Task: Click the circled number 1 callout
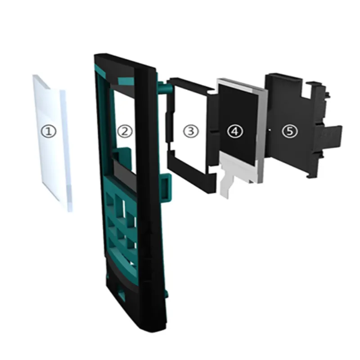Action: pyautogui.click(x=49, y=131)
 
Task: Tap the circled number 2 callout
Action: pyautogui.click(x=125, y=131)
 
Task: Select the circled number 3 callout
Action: pyautogui.click(x=191, y=131)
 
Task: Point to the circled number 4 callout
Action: pyautogui.click(x=234, y=131)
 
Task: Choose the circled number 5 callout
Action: pyautogui.click(x=290, y=131)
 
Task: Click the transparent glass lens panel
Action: pyautogui.click(x=52, y=142)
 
